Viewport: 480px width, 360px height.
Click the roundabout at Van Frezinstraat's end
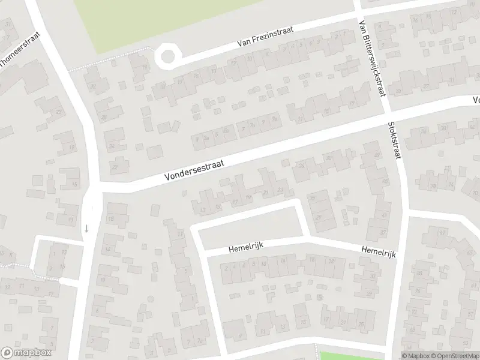[167, 56]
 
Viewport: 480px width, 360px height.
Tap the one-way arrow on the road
[86, 228]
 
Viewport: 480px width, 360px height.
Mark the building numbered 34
[112, 146]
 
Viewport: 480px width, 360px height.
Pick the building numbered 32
[93, 86]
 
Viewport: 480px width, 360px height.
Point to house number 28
[103, 117]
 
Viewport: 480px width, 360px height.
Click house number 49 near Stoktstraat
[377, 155]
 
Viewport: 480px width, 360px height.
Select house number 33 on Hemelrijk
[373, 276]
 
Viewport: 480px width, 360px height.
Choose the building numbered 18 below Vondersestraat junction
[111, 220]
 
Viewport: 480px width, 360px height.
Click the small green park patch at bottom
[342, 356]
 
